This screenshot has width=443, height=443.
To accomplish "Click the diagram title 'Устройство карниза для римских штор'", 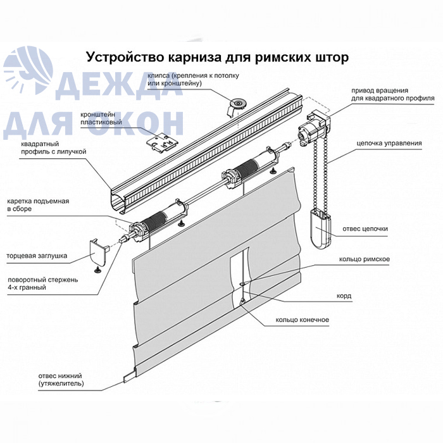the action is pos(217,58).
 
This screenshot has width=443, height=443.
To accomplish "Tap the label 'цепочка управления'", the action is pos(389,143).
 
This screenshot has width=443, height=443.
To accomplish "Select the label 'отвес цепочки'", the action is pos(365,228).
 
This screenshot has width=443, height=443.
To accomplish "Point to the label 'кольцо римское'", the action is pos(364,259).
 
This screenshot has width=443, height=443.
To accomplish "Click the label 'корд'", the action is pos(344,296).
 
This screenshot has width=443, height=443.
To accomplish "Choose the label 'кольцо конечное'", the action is pos(303,320).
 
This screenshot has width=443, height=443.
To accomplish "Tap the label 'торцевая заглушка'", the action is pos(37,256).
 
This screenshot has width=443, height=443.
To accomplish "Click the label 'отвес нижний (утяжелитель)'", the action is pos(61,380).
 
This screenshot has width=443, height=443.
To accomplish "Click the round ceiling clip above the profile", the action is pos(237,105).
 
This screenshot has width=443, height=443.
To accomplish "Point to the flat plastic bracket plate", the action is pos(163,143).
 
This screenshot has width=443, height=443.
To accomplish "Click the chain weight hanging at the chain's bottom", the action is pos(320,228).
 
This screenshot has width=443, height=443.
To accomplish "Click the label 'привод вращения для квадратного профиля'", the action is pos(393,94).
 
